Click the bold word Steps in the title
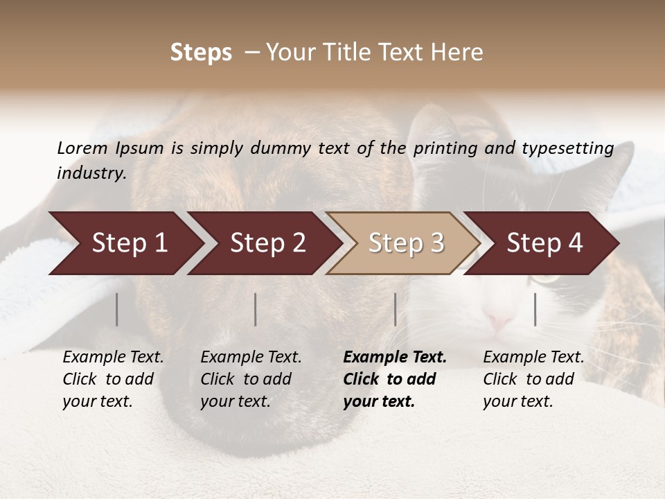point(201,53)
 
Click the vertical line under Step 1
point(117,309)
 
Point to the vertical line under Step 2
point(256,309)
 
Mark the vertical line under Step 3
point(396,309)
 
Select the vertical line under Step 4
point(535,309)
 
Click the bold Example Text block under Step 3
point(395,379)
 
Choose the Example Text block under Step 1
point(113,379)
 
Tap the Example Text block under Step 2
point(251,379)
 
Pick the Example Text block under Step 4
point(533,379)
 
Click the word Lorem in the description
point(82,148)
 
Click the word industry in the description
point(91,173)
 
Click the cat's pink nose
point(498,321)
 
